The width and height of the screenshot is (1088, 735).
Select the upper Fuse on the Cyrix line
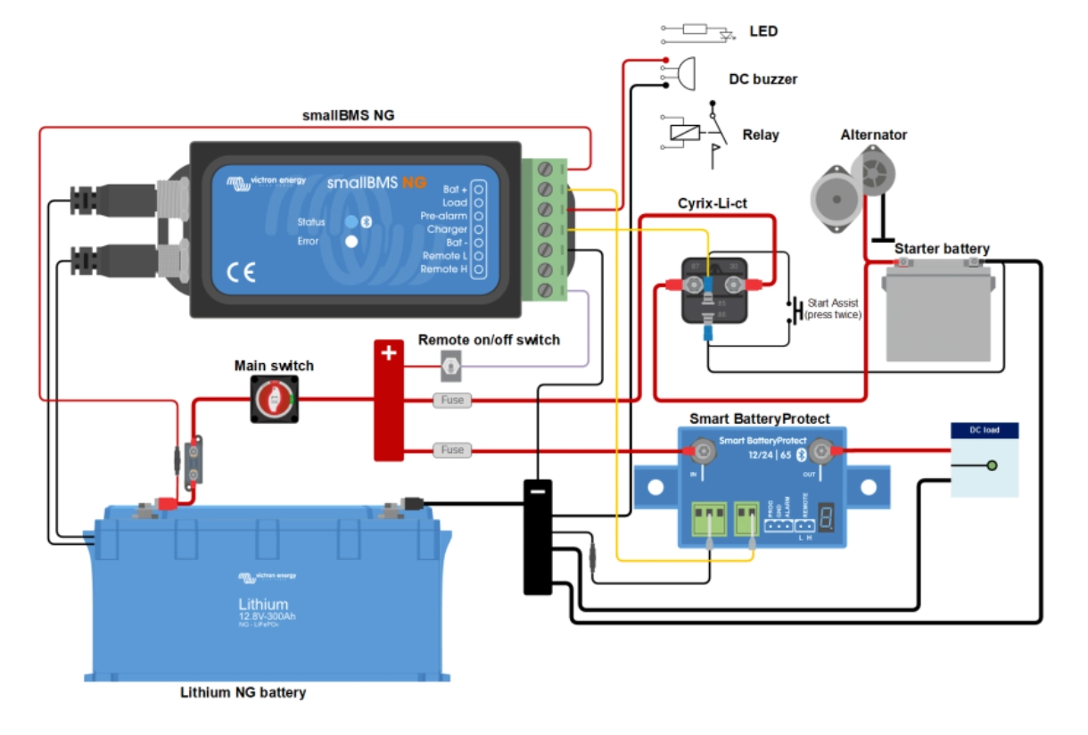coord(452,401)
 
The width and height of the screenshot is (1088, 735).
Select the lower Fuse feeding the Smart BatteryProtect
coord(452,450)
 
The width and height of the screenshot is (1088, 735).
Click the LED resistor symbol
coord(696,29)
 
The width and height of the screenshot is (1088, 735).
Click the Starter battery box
coord(937,314)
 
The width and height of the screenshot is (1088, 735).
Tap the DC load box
coord(984,459)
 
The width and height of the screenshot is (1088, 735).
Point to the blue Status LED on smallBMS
coord(351,221)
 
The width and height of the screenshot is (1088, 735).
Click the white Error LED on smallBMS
coord(351,241)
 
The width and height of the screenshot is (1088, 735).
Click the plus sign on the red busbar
coord(388,352)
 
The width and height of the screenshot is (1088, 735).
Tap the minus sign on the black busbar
coord(538,491)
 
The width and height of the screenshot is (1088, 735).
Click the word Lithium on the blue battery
coord(263,604)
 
